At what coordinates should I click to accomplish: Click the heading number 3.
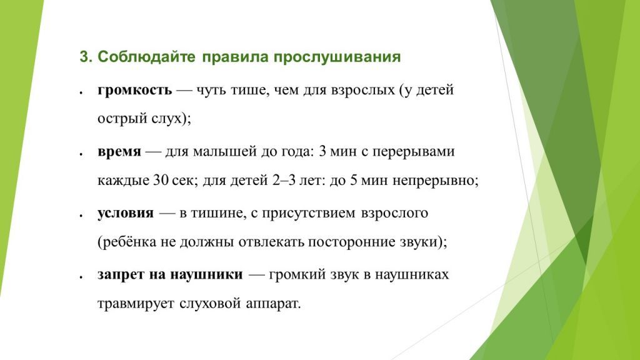pyautogui.click(x=83, y=57)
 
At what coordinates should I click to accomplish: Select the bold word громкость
pyautogui.click(x=134, y=89)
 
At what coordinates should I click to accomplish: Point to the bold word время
pyautogui.click(x=119, y=152)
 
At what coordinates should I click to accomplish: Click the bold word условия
pyautogui.click(x=125, y=213)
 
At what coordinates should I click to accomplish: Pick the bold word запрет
pyautogui.click(x=117, y=275)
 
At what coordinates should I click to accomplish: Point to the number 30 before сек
pyautogui.click(x=159, y=182)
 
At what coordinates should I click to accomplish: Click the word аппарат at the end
pyautogui.click(x=276, y=305)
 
